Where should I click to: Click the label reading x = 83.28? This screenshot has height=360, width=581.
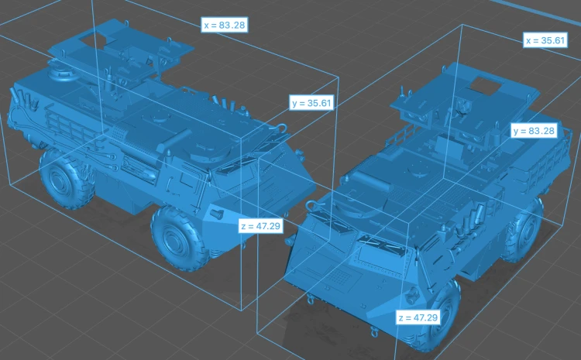(x=224, y=25)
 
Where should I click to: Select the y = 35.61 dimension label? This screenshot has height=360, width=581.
(x=311, y=103)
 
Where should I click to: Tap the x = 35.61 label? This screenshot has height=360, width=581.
(x=545, y=40)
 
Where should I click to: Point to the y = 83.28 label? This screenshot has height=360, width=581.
(x=534, y=131)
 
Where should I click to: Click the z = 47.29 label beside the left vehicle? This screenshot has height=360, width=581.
(x=261, y=225)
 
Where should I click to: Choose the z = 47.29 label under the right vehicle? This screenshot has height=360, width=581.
(x=418, y=317)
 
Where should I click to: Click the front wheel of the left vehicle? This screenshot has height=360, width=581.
(x=180, y=238)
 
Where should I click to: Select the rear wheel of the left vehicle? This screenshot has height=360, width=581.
(x=61, y=179)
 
